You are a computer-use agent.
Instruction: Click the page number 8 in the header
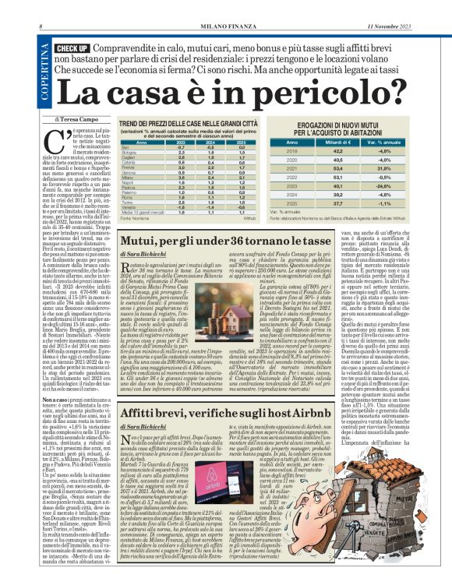point(40,7)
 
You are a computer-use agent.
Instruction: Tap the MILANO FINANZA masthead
point(225,7)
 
